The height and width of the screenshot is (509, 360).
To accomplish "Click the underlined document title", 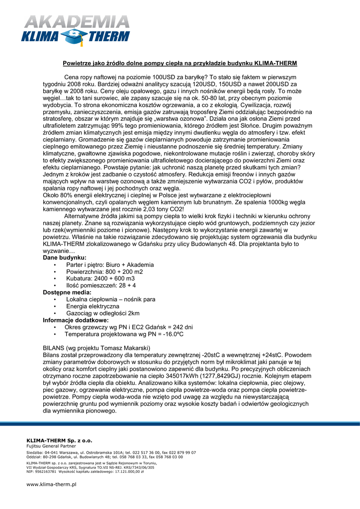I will (180, 64).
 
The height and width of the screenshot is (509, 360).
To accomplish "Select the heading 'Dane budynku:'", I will (65, 257).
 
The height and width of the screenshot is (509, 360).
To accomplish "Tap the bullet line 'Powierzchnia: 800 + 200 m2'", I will (104, 272).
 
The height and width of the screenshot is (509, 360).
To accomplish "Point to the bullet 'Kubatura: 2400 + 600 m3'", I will (100, 279).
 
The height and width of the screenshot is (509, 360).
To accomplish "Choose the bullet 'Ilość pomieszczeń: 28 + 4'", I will (101, 286).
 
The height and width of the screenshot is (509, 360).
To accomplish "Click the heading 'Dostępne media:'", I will (67, 293).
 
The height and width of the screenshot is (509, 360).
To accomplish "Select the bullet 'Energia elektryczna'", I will (92, 306).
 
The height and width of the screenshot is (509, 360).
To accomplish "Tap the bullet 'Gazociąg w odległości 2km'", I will (103, 313).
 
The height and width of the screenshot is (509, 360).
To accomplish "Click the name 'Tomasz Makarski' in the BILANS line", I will (127, 348).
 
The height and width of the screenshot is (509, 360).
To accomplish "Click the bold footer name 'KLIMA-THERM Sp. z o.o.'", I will (59, 440).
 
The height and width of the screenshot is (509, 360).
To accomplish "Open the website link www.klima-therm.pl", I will (51, 484).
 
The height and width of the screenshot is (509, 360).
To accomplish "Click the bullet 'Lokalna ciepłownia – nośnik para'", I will (110, 300).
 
